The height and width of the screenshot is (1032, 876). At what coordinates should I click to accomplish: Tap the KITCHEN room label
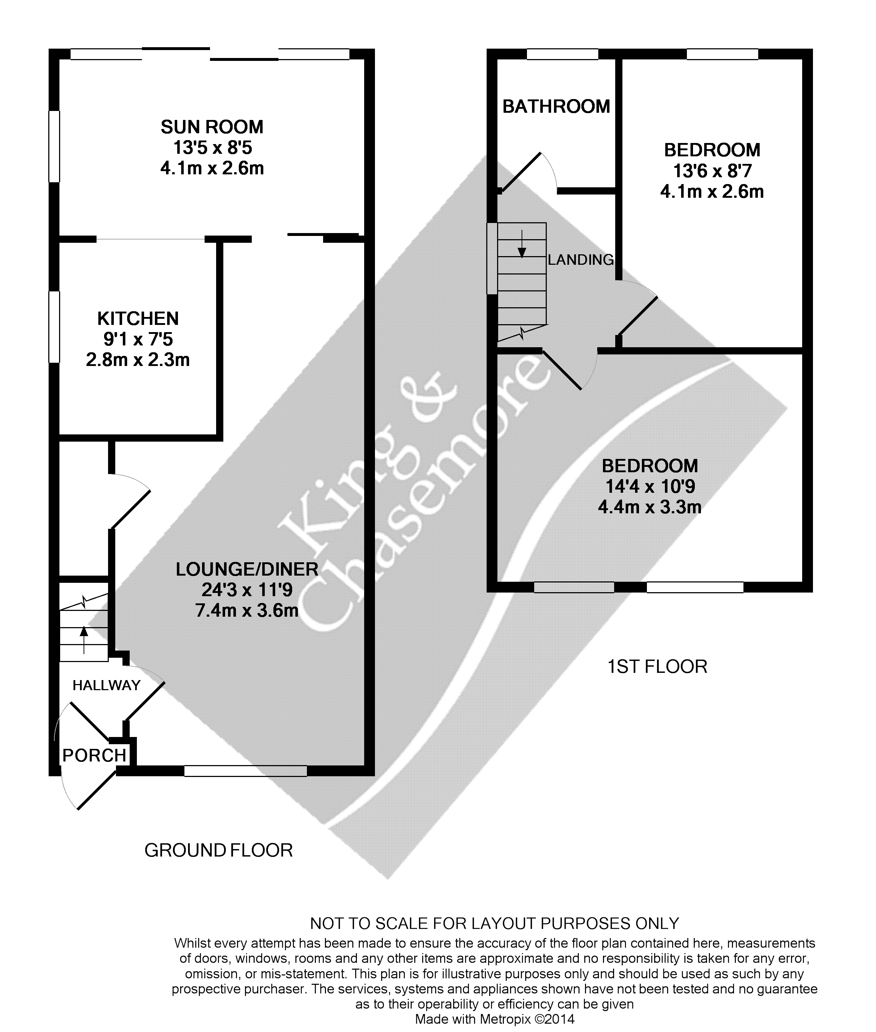(138, 318)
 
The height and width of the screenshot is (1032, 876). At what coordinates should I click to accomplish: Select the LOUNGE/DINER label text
(247, 569)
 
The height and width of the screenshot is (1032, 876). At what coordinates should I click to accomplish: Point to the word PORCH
(94, 755)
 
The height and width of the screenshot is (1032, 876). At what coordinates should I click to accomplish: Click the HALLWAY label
(106, 685)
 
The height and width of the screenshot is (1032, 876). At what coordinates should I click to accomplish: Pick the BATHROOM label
(556, 106)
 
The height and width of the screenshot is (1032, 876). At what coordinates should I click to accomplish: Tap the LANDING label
(581, 260)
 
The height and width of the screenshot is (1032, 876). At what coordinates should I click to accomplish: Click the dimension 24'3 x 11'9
(247, 590)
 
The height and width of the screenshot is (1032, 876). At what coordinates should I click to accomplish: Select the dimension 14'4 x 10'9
(649, 486)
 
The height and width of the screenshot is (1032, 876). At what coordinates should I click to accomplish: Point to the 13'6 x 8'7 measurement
(712, 171)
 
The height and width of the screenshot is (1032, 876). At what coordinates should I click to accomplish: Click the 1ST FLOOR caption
(657, 666)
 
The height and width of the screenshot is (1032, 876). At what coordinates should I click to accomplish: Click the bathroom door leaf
(521, 172)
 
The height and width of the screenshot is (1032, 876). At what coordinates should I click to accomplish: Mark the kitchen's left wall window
(54, 326)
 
